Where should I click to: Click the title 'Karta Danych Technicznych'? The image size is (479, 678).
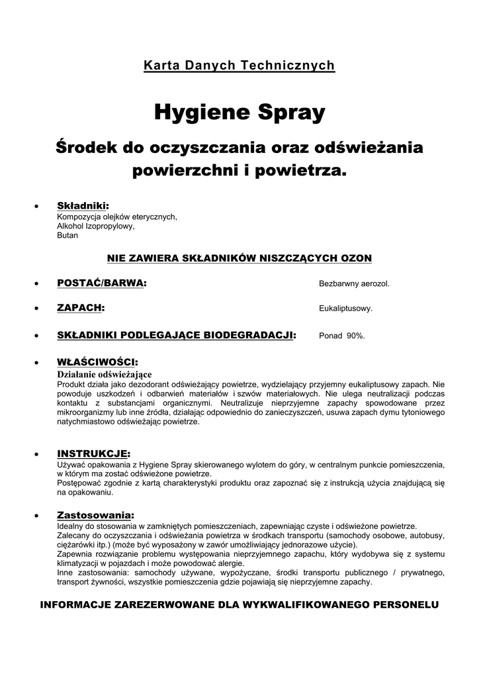point(239,66)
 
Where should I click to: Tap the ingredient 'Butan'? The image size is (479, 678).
point(67,235)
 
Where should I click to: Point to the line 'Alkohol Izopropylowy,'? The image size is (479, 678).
point(96,226)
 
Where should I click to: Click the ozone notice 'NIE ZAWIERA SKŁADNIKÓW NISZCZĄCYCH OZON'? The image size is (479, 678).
point(239,258)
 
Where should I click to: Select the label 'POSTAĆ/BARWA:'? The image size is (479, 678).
point(102,283)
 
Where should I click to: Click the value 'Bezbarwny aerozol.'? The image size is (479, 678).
point(354,284)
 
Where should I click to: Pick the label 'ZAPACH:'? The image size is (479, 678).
point(81,308)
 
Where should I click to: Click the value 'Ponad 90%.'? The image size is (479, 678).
point(341,336)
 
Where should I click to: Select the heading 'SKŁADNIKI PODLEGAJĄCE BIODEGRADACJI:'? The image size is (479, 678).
point(177,335)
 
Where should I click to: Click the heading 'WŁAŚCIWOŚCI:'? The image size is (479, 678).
point(97,362)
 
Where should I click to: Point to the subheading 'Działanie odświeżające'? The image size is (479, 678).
point(105,374)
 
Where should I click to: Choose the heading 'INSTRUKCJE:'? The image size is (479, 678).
point(93,454)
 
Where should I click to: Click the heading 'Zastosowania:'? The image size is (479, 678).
point(95,514)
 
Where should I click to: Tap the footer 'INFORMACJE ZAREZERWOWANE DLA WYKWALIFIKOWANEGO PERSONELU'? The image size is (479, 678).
point(239,605)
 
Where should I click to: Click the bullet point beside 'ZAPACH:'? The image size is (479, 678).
point(37,309)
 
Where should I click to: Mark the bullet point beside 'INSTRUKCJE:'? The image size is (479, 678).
point(37,454)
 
